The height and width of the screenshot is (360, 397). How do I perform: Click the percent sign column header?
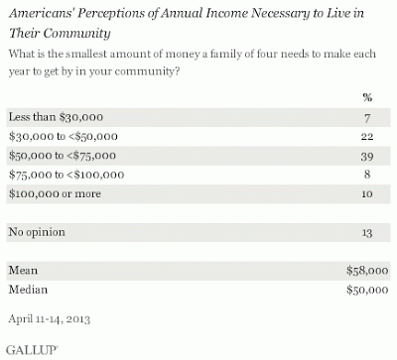tap(367, 97)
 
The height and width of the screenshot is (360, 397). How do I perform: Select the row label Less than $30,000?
tap(56, 117)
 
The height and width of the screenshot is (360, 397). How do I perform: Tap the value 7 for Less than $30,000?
tap(367, 118)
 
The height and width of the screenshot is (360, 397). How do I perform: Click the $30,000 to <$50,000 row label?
tap(64, 136)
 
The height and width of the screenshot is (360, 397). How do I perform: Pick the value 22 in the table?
tap(367, 136)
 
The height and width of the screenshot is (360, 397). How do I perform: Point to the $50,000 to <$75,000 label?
tap(63, 156)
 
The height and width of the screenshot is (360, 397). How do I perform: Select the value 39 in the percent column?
tap(367, 156)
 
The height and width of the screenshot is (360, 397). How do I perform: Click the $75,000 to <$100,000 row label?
tap(66, 175)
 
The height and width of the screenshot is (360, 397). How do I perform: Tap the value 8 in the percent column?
tap(367, 174)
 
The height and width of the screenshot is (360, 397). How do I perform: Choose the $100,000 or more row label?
tap(55, 193)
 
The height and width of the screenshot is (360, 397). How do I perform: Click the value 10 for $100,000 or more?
tap(367, 193)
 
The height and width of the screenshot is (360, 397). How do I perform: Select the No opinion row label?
tap(37, 232)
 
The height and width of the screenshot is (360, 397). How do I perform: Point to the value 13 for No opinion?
tap(367, 233)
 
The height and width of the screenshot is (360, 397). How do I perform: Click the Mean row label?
tap(23, 270)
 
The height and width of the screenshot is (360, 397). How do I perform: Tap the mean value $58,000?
tap(367, 271)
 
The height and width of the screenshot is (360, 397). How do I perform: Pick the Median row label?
tap(28, 290)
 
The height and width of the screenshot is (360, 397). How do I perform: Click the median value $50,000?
tap(367, 290)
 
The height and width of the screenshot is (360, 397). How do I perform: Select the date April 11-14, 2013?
tap(50, 318)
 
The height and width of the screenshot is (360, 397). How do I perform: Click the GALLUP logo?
tap(32, 350)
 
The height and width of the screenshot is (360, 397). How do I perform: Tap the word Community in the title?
tap(76, 34)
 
